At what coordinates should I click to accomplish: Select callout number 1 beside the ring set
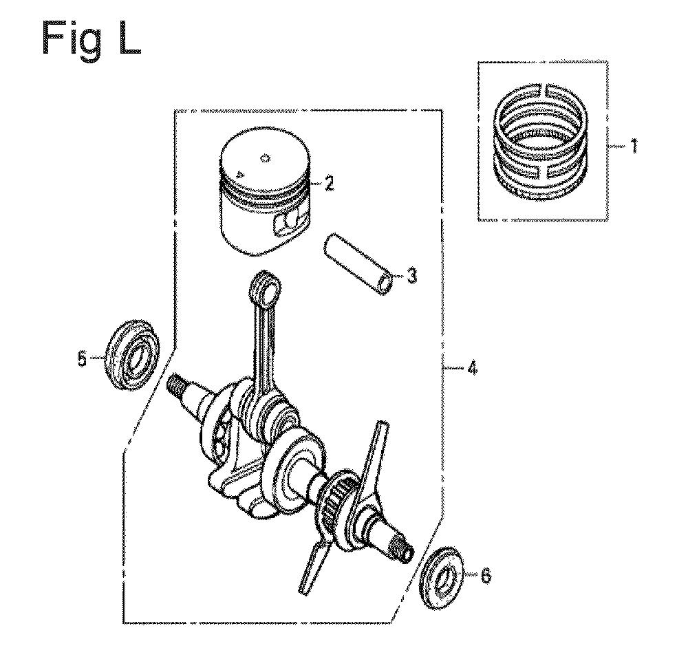tap(633, 147)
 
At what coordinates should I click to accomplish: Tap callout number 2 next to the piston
tap(329, 183)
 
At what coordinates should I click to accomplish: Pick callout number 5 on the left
tap(82, 360)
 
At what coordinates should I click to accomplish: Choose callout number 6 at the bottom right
tap(486, 576)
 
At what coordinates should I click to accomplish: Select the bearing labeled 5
tap(132, 354)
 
